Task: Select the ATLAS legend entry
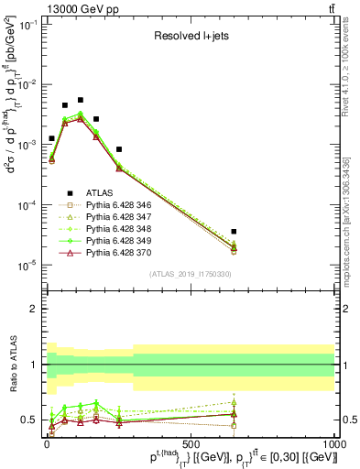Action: point(99,193)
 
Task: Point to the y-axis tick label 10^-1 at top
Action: point(27,25)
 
